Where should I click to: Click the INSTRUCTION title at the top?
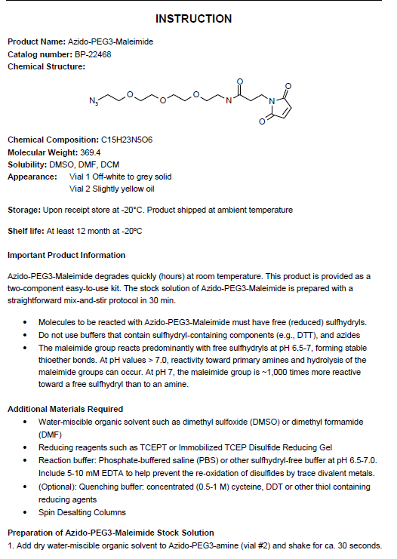[x=198, y=18]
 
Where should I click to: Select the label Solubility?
[x=27, y=164]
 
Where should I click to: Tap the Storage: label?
[x=23, y=210]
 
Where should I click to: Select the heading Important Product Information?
[x=66, y=255]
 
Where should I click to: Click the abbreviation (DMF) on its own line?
[x=50, y=435]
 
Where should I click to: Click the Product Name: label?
[x=35, y=42]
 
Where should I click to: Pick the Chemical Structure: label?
[x=46, y=66]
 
